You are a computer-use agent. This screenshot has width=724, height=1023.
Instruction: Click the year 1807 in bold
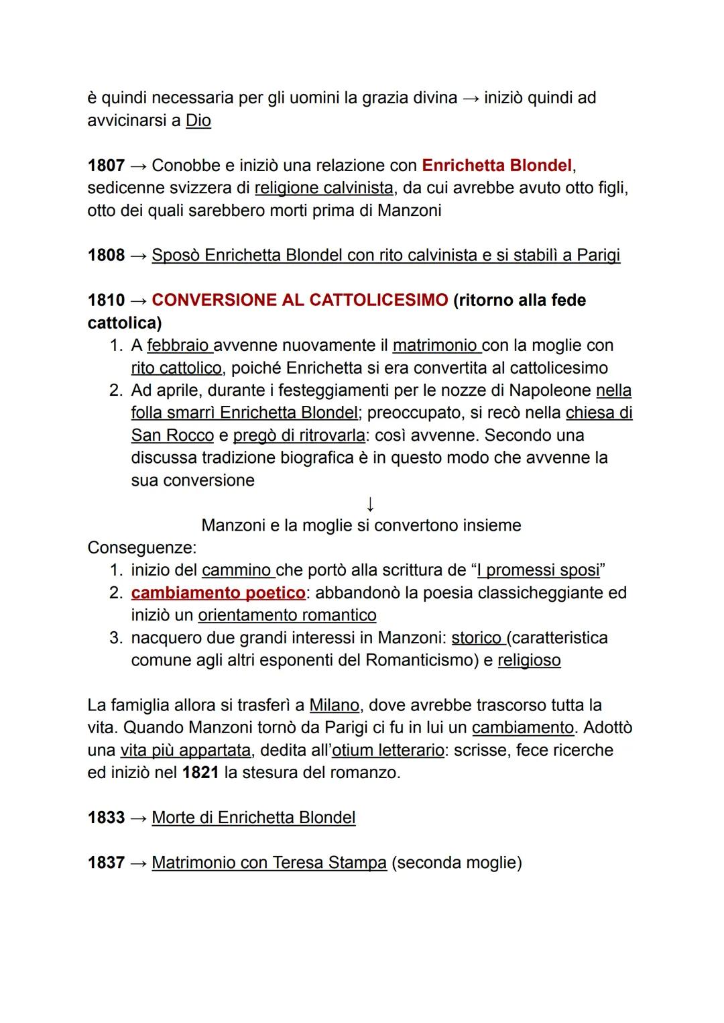106,165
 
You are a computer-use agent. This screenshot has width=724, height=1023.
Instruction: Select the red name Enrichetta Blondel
497,165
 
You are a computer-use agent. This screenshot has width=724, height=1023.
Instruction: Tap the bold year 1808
106,255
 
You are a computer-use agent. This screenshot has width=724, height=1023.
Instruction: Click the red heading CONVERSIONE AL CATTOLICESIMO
300,300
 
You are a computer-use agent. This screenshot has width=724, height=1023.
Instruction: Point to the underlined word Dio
198,121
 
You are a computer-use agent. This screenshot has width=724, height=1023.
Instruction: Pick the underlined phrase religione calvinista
324,188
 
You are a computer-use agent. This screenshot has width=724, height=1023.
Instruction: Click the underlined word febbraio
178,345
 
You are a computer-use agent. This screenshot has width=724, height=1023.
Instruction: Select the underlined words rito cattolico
176,368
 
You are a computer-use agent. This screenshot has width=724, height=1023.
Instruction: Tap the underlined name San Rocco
172,435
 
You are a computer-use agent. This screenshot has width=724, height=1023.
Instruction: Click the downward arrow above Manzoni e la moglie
370,503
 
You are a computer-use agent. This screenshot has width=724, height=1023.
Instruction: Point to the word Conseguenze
141,547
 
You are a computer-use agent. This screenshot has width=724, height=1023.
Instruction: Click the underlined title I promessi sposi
538,570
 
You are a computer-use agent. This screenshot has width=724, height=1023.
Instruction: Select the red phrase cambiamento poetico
218,593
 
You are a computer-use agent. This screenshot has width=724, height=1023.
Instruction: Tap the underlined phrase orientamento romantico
287,615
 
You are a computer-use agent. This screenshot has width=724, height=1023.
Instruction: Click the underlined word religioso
529,660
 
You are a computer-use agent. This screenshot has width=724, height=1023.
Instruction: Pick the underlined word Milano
334,705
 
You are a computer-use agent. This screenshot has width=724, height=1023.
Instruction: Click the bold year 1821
200,773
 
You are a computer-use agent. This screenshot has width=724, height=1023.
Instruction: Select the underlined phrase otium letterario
388,750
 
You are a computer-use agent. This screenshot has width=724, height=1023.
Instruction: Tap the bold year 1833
106,818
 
